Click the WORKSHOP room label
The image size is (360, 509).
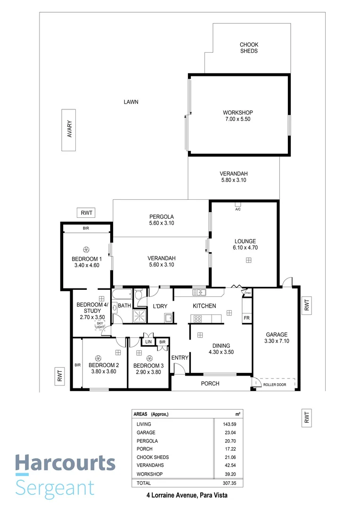pos(238,113)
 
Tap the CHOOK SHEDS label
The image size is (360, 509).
pos(249,48)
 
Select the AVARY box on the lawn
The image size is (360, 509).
pos(69,130)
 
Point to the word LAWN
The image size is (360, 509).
pos(131,102)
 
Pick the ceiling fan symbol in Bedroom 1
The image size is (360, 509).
pos(86,250)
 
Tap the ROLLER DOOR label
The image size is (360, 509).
pos(275,385)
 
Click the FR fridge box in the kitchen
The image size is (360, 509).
pos(246,318)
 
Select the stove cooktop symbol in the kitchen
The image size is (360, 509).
pos(198,319)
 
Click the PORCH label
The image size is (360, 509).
pos(210,384)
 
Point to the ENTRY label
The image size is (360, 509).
pos(180,358)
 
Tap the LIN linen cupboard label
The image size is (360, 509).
pos(148,342)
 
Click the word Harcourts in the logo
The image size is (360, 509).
pos(65,463)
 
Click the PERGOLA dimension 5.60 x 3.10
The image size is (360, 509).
pos(161,223)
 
